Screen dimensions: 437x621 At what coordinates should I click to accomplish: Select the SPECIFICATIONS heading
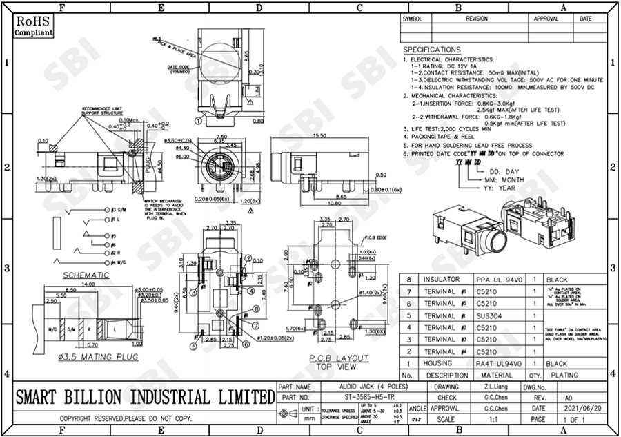432,50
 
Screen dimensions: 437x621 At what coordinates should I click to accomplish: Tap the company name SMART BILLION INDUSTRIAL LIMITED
144,397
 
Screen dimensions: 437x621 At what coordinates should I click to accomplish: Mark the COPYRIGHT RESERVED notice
125,419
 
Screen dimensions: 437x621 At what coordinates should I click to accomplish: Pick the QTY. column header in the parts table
535,375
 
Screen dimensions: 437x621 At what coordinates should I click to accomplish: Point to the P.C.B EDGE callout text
374,236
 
